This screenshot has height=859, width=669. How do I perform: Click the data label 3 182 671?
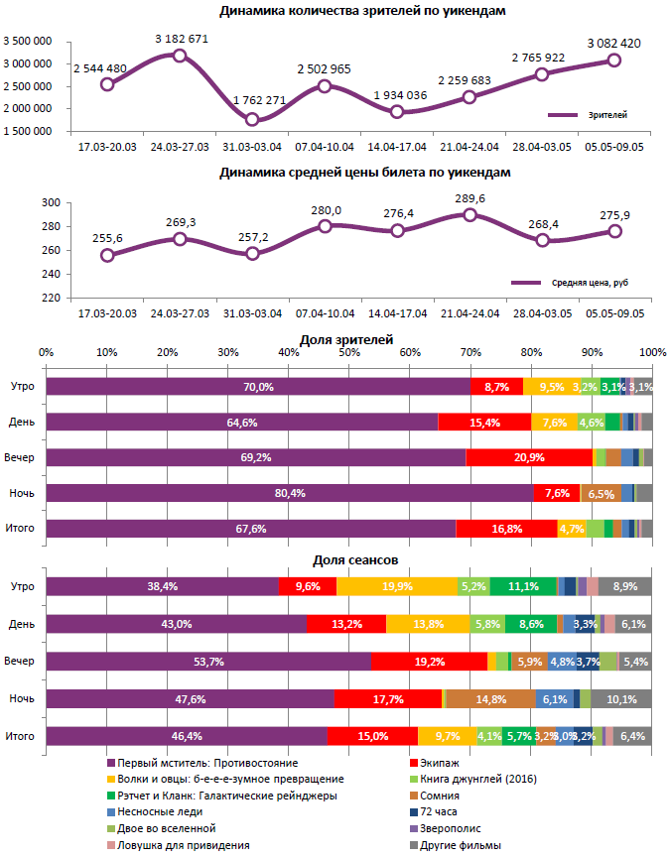click(x=182, y=39)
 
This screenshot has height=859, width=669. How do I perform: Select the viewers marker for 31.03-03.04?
click(x=252, y=120)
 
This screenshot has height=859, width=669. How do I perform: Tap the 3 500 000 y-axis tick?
click(x=30, y=42)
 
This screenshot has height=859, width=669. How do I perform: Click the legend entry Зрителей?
click(x=607, y=115)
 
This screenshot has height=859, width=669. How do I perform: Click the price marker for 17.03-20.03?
click(x=107, y=255)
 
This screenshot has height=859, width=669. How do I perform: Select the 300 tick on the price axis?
click(x=53, y=202)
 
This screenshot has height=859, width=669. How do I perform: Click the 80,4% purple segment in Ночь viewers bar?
click(x=289, y=493)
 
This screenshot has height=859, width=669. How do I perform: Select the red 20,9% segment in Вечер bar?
click(x=529, y=457)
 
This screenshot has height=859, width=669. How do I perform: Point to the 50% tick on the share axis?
click(x=349, y=353)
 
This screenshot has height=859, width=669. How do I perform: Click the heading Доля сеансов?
click(x=347, y=562)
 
